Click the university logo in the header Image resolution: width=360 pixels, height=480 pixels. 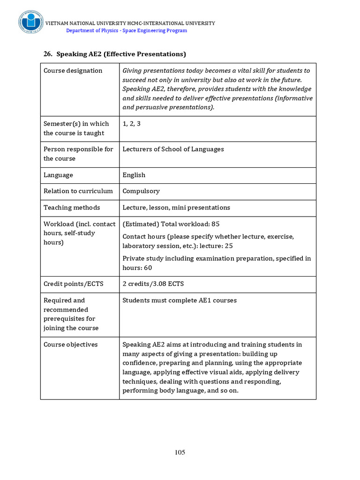coord(31,22)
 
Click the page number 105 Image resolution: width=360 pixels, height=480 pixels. coord(180,452)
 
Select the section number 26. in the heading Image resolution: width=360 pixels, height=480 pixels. coord(48,54)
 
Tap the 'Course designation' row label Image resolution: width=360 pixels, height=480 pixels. coord(73,71)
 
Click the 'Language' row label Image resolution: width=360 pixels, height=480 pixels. coord(58,175)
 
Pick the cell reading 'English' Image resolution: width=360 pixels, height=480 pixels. coord(134,175)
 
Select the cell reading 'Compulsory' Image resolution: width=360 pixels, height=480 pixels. coord(141,191)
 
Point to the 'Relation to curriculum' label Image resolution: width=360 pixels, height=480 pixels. coord(78,191)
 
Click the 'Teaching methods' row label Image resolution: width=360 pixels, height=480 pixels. coord(72,208)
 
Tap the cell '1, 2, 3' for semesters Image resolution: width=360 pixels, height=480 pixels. coord(132,124)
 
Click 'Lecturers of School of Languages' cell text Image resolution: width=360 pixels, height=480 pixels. coord(173,149)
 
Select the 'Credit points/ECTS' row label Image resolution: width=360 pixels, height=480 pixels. coord(74,284)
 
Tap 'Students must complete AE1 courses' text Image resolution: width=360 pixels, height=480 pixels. coord(180,300)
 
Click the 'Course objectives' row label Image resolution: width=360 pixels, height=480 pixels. coord(71,345)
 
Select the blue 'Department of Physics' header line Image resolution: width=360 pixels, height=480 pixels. coord(127,30)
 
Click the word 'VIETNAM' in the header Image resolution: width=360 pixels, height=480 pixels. coord(56,23)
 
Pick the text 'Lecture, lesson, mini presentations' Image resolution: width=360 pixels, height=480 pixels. coord(176,208)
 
